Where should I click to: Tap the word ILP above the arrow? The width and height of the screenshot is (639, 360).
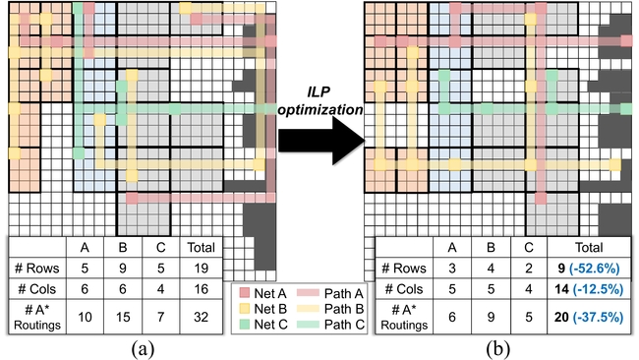[x=319, y=91]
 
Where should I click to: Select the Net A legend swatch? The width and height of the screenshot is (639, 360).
[x=244, y=293]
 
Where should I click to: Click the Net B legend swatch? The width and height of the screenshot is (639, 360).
[x=244, y=309]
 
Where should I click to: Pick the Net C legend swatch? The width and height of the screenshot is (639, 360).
[x=244, y=325]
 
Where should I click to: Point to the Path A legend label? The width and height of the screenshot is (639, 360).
[x=343, y=293]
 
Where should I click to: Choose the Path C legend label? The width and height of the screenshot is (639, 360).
[x=343, y=325]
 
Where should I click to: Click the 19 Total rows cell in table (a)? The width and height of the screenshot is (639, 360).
[x=201, y=269]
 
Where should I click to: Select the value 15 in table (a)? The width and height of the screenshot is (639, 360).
[x=123, y=317]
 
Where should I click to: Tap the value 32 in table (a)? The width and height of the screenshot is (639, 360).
[x=201, y=317]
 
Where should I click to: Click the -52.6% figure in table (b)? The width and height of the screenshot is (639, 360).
[x=596, y=269]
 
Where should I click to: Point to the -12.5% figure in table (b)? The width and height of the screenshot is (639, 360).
[x=598, y=289]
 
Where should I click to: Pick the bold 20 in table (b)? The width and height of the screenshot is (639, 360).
[x=561, y=317]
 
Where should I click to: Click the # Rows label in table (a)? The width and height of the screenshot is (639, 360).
[x=36, y=269]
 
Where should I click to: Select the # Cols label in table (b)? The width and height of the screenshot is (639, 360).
[x=404, y=289]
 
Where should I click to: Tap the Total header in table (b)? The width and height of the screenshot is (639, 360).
[x=589, y=248]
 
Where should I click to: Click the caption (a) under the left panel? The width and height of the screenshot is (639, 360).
[x=143, y=349]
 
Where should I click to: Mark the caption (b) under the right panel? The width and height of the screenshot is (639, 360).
[x=497, y=349]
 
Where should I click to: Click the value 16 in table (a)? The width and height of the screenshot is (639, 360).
[x=201, y=289]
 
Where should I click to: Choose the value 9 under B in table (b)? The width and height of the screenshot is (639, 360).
[x=491, y=317]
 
